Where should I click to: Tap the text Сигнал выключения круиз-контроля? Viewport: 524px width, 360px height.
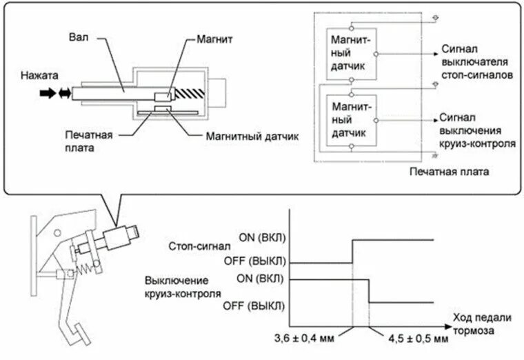[476, 131]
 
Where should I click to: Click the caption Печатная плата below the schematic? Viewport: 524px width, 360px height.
[448, 171]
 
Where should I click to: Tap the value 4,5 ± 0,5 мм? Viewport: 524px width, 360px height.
[414, 339]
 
